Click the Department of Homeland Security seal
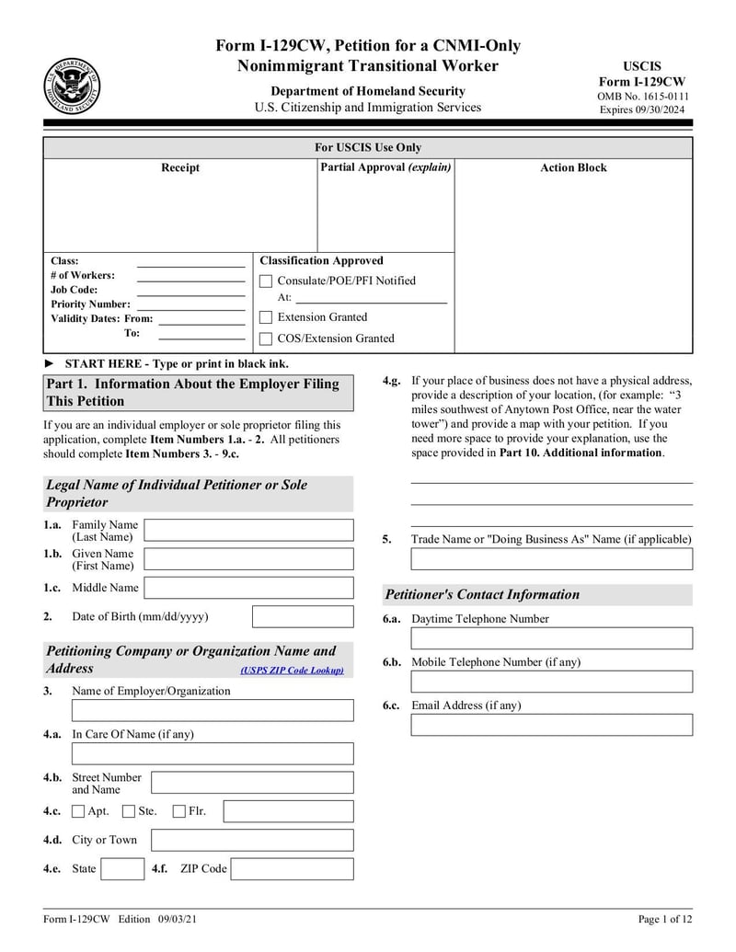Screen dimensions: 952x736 (x=72, y=86)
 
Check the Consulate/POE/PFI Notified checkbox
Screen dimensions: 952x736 (x=266, y=281)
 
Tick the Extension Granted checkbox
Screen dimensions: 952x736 (x=266, y=317)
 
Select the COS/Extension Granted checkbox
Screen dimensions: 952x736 (x=266, y=338)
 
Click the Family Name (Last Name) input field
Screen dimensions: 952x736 (x=248, y=530)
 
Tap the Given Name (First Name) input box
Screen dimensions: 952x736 (x=248, y=559)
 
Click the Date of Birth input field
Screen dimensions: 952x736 (x=302, y=616)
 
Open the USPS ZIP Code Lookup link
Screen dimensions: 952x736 (x=292, y=671)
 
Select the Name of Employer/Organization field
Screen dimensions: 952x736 (x=212, y=710)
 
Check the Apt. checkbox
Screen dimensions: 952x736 (x=78, y=810)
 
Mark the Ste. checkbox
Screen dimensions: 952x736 (x=129, y=810)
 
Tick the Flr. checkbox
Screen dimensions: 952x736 (x=179, y=810)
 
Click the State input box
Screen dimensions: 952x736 (x=121, y=869)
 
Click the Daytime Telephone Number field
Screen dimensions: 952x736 (x=551, y=638)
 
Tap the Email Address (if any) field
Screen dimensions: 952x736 (x=551, y=725)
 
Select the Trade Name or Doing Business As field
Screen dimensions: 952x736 (x=551, y=559)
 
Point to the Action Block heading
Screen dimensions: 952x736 (x=572, y=167)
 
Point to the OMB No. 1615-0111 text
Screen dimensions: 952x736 (x=642, y=97)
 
